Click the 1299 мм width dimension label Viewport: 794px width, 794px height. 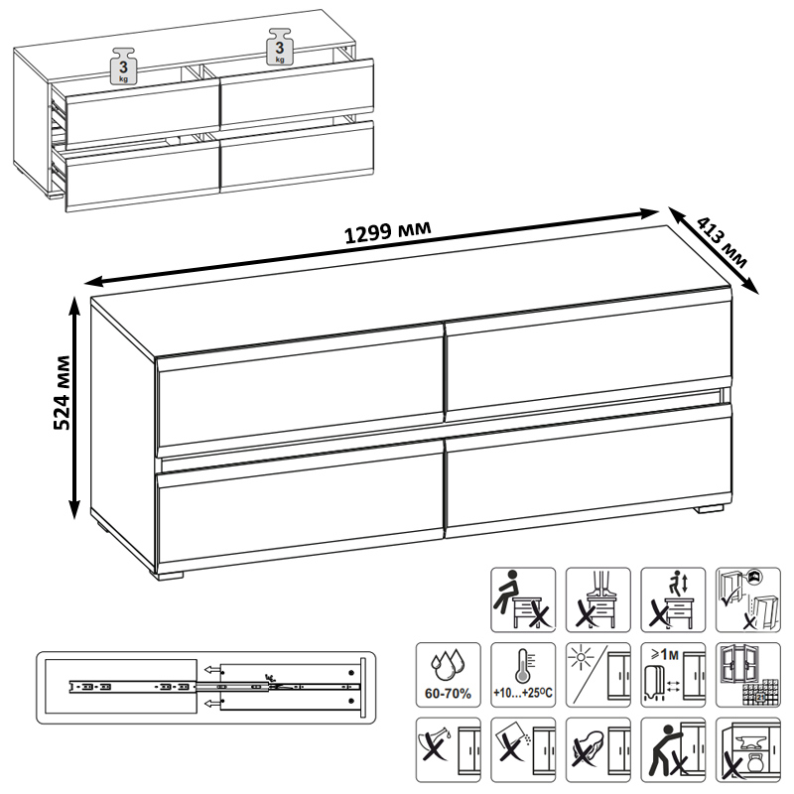tap(387, 232)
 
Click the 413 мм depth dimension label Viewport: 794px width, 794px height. tap(723, 242)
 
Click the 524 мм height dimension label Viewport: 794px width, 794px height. tap(62, 393)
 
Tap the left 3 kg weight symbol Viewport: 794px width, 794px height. tap(123, 66)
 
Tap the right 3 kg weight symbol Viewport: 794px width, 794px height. tap(280, 47)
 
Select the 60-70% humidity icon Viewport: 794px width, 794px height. tap(449, 675)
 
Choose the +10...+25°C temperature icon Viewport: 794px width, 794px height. tap(523, 675)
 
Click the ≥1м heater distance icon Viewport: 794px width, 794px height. tap(673, 675)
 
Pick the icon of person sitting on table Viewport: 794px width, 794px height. tap(523, 599)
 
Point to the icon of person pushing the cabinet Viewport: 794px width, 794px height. tap(673, 749)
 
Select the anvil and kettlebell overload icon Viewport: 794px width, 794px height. tap(748, 749)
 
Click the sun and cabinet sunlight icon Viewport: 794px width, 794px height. tap(598, 675)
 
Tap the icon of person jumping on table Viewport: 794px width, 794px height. tap(673, 599)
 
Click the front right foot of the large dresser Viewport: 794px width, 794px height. tap(709, 509)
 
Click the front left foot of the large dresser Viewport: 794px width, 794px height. tap(168, 576)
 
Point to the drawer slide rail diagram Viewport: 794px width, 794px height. tap(205, 687)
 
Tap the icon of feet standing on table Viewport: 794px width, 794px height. tap(598, 599)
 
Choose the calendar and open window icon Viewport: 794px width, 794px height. tap(748, 675)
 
